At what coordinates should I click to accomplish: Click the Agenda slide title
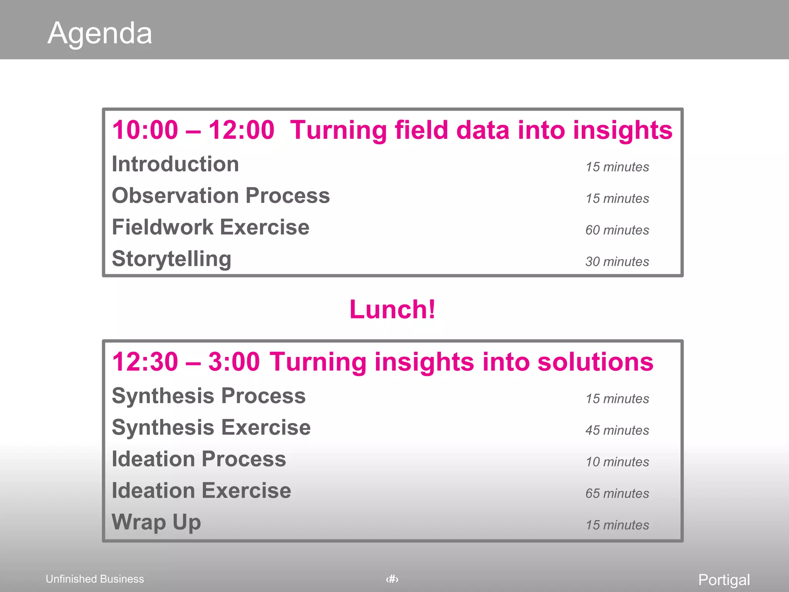click(x=100, y=33)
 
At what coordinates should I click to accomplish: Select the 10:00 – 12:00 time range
click(x=193, y=130)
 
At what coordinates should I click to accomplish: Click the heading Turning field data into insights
click(x=481, y=130)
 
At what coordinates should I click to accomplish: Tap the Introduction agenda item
click(x=175, y=164)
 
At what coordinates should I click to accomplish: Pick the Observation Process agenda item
click(x=221, y=196)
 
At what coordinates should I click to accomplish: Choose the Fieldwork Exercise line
click(x=210, y=227)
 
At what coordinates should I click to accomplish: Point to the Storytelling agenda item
click(x=171, y=259)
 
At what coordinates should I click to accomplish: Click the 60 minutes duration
click(x=617, y=230)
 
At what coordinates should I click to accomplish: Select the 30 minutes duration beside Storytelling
click(x=617, y=262)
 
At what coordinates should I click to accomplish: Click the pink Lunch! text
click(x=393, y=309)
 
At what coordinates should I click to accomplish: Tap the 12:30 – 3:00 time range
click(x=186, y=362)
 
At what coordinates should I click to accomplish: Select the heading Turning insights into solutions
click(x=461, y=362)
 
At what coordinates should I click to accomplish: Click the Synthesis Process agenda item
click(x=208, y=396)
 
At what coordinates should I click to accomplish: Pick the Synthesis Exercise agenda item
click(x=211, y=428)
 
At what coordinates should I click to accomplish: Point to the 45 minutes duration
click(x=617, y=431)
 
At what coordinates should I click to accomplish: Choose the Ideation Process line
click(x=199, y=459)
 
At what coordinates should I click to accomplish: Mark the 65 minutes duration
click(x=617, y=494)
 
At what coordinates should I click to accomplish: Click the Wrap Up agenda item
click(x=156, y=523)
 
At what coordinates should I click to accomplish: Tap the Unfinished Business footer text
click(x=95, y=579)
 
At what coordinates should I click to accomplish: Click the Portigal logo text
click(x=724, y=580)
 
